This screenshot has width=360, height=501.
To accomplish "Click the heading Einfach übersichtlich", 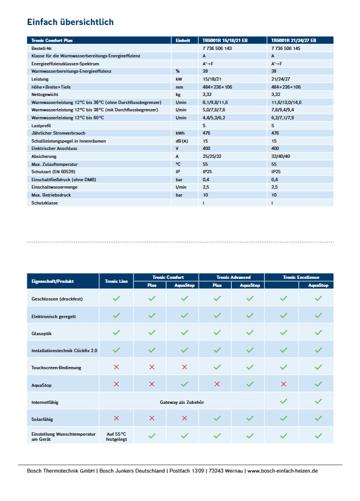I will point(70,22).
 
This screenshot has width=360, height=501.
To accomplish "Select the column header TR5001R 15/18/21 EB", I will point(225,41).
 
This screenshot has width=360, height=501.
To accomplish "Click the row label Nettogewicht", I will point(45,94).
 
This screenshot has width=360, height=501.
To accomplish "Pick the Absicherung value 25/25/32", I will point(212,156).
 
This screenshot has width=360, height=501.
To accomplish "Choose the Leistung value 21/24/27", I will point(281,79).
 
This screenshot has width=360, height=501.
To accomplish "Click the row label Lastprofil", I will point(41,126).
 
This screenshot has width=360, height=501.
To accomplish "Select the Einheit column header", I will point(182,41).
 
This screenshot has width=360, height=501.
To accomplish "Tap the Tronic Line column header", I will point(116,281).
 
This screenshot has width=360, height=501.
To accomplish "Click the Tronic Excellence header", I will point(299,277).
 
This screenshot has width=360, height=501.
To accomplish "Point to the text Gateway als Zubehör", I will point(182,402).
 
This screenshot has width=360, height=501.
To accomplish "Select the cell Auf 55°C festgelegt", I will point(116,436).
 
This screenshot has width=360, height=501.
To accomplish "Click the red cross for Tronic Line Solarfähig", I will point(116,418).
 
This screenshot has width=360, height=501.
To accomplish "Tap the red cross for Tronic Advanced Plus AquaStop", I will point(217,384).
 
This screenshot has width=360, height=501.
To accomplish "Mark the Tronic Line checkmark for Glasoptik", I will point(116,332).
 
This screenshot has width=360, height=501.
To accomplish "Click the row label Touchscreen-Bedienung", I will point(56,368).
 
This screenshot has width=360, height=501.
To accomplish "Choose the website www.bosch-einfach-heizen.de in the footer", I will point(282,471).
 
